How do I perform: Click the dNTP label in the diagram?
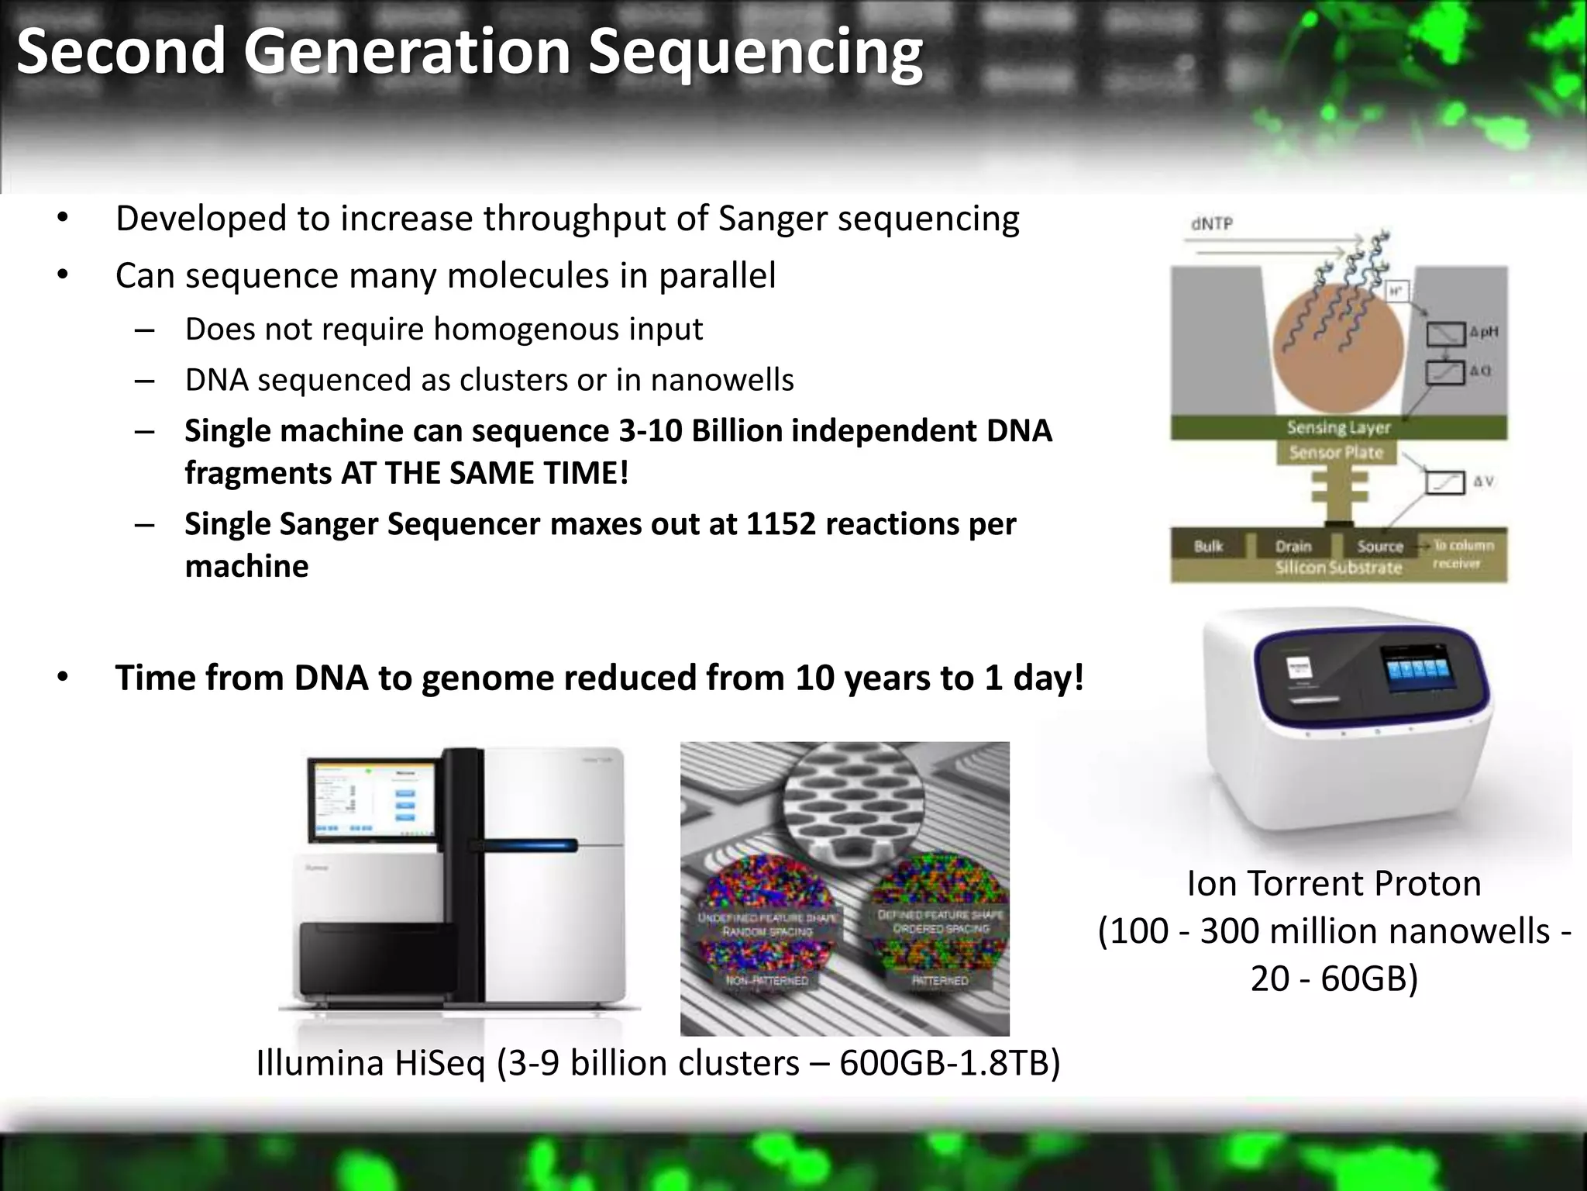(x=1212, y=224)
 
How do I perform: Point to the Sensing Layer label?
(x=1338, y=427)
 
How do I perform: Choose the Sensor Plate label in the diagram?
(x=1336, y=453)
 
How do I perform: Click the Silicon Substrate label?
(x=1338, y=568)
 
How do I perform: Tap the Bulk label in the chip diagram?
(x=1208, y=546)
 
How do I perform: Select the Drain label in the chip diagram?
(x=1293, y=546)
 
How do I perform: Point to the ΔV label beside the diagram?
(x=1483, y=482)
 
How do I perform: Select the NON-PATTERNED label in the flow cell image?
(x=766, y=981)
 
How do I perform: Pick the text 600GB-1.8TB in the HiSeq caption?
(x=949, y=1063)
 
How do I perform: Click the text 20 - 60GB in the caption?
(x=1334, y=979)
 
